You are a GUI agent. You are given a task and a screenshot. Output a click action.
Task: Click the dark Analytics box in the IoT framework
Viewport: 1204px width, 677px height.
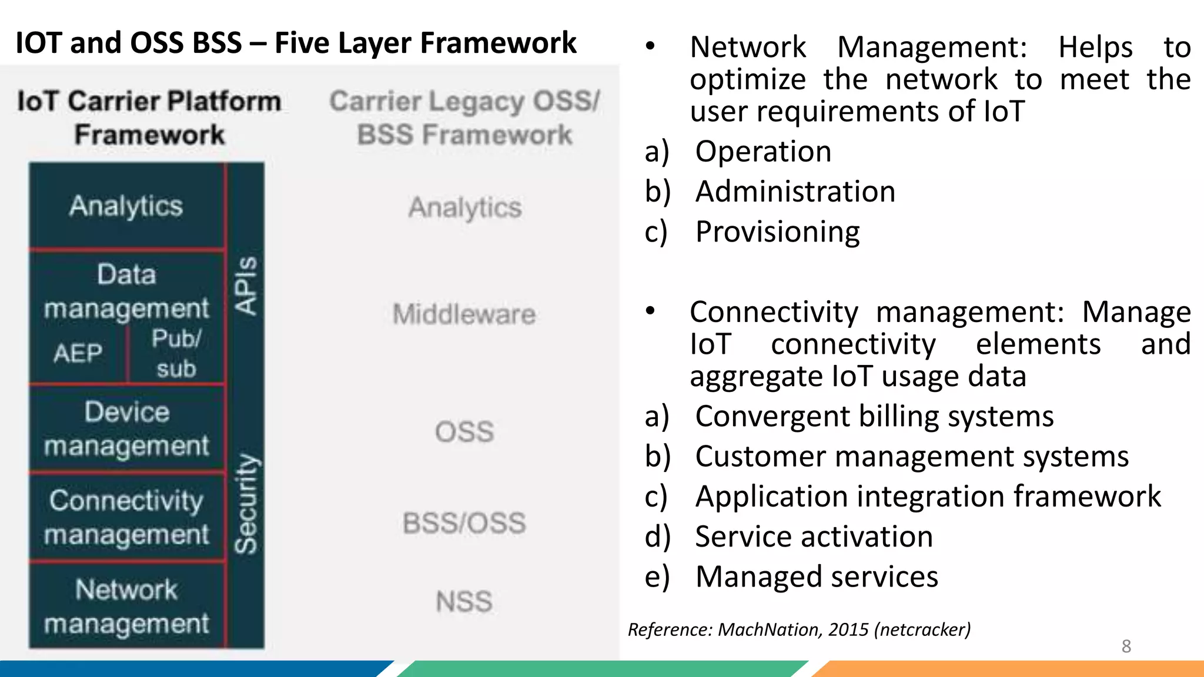pos(126,206)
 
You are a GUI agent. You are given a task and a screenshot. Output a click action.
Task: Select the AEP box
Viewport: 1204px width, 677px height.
pos(78,354)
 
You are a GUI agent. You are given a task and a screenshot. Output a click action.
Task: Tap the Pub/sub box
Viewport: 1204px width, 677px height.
pos(176,354)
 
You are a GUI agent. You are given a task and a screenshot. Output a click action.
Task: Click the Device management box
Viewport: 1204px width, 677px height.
pos(126,429)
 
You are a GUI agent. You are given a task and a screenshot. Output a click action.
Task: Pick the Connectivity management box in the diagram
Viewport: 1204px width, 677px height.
pos(126,517)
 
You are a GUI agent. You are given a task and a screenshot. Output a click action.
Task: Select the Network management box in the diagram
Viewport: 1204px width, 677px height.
pos(126,606)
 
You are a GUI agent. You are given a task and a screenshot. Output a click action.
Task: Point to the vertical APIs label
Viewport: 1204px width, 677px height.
pos(246,286)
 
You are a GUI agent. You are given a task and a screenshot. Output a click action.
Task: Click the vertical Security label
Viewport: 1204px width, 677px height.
pos(246,504)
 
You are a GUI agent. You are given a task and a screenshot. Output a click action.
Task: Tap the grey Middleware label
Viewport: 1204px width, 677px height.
pos(464,314)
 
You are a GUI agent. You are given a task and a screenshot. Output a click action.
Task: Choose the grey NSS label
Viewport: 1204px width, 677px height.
pos(464,602)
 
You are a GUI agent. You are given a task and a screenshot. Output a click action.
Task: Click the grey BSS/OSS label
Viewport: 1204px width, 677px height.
pos(464,523)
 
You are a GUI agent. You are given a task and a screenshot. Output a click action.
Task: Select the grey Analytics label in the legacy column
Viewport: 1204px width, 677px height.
pos(465,207)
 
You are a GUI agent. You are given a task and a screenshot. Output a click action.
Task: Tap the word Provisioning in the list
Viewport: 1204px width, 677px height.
pos(777,232)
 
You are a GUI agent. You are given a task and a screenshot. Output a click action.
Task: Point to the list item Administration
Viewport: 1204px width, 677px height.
pos(795,192)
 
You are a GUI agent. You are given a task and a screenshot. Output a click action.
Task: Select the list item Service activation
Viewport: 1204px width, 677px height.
pos(814,537)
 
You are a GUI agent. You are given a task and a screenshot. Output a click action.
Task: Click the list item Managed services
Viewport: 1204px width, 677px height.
pos(817,577)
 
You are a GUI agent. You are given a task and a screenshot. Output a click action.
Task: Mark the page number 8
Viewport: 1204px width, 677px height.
pos(1126,646)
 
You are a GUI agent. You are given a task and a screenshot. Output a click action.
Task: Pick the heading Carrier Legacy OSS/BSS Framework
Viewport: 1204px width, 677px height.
pos(464,118)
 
